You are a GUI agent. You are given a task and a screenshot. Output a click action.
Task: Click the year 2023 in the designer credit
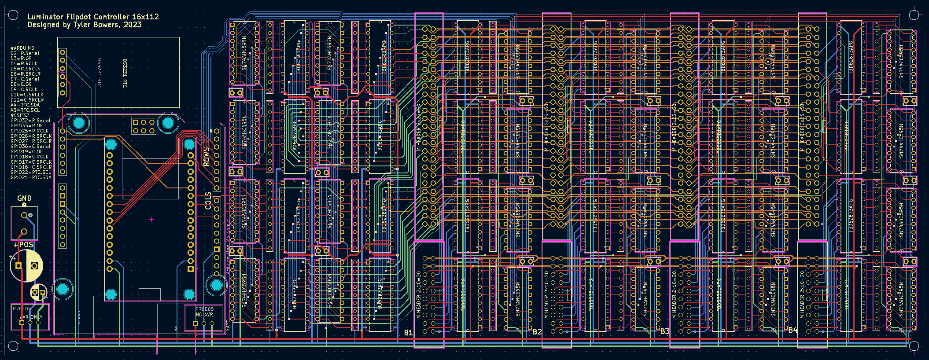tap(133, 25)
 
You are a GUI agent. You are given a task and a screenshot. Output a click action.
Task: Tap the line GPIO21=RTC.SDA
tap(31, 177)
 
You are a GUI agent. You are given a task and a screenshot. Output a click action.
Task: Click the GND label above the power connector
tap(24, 198)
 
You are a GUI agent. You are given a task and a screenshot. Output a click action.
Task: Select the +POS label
tap(24, 245)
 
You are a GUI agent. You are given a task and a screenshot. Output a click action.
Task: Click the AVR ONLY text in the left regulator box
tap(31, 317)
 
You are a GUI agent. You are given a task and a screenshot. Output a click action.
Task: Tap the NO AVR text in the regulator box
tap(204, 315)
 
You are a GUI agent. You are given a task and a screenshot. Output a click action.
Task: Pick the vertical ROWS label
tap(207, 157)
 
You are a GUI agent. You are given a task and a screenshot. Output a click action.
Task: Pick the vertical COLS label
tap(208, 200)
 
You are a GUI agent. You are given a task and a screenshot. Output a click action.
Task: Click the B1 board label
tap(409, 332)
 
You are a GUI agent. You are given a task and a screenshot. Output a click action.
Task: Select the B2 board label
tap(537, 331)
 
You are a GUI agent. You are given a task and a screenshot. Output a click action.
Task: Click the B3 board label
tap(665, 331)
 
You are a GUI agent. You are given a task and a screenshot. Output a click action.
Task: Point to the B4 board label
tap(793, 330)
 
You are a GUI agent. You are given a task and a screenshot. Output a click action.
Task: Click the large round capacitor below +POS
tap(26, 265)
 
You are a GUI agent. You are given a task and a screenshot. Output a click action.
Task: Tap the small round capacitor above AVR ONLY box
tap(39, 292)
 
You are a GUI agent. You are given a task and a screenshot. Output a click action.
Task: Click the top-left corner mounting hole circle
tap(13, 15)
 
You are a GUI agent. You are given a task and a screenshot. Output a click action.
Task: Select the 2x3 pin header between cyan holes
tap(144, 126)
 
